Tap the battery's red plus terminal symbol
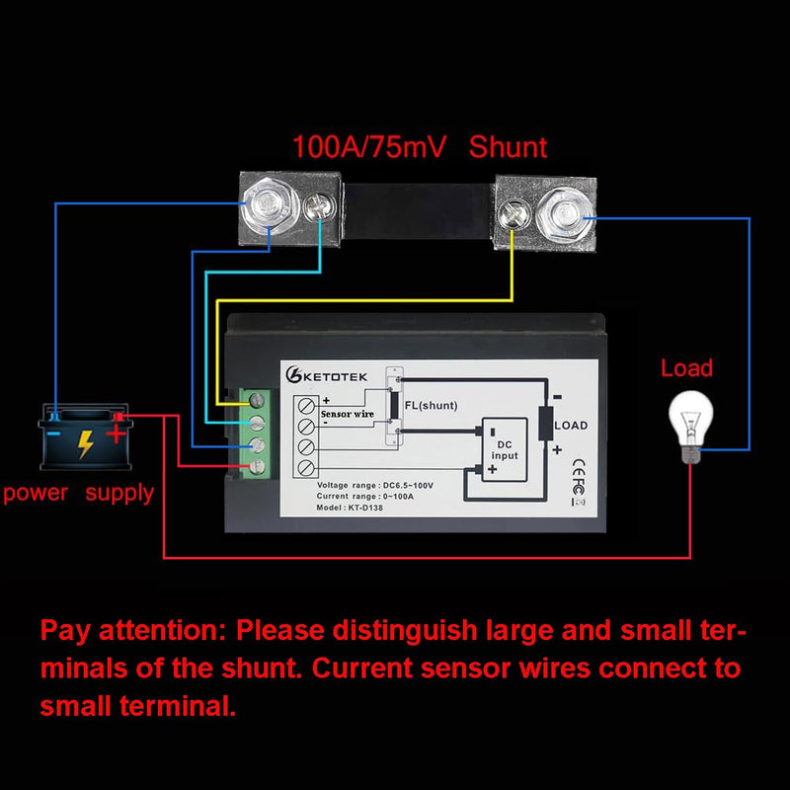coord(116,434)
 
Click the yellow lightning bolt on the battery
coord(85,443)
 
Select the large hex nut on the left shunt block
coord(267,205)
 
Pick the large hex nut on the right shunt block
coord(565,215)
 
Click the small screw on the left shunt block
coord(319,207)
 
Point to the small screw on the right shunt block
coord(512,214)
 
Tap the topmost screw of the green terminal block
coord(257,401)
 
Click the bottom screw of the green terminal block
coord(257,467)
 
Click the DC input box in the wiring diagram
coord(505,449)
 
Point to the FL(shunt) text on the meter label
coord(431,406)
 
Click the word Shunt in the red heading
coord(508,147)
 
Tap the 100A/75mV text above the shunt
coord(368,147)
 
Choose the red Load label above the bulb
coord(686,368)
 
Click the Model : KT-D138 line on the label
coord(350,508)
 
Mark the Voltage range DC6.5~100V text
coord(375,485)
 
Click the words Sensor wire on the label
coord(348,414)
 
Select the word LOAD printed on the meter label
coord(571,426)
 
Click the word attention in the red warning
coord(162,631)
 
